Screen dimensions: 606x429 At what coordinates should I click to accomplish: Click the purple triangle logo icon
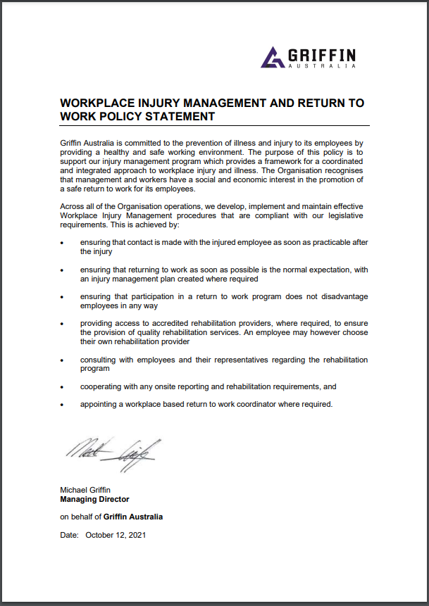pyautogui.click(x=273, y=57)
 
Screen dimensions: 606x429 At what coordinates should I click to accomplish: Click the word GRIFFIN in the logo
pyautogui.click(x=321, y=54)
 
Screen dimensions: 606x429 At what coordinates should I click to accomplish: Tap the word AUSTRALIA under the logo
pyautogui.click(x=321, y=66)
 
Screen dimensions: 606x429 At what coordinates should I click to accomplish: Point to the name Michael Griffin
pyautogui.click(x=85, y=490)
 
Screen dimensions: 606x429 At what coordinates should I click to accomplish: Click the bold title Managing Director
pyautogui.click(x=94, y=499)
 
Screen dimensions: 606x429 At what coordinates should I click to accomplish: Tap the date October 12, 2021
pyautogui.click(x=116, y=535)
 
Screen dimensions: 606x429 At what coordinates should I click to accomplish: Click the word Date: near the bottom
pyautogui.click(x=70, y=535)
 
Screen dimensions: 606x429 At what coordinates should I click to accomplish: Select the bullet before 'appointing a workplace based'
pyautogui.click(x=63, y=405)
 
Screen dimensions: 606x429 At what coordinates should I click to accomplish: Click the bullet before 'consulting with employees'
pyautogui.click(x=63, y=360)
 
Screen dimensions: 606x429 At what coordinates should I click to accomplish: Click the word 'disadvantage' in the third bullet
pyautogui.click(x=344, y=297)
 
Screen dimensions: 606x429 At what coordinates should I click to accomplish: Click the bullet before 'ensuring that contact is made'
pyautogui.click(x=63, y=243)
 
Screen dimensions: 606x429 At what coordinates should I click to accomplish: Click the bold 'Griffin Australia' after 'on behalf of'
pyautogui.click(x=133, y=517)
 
